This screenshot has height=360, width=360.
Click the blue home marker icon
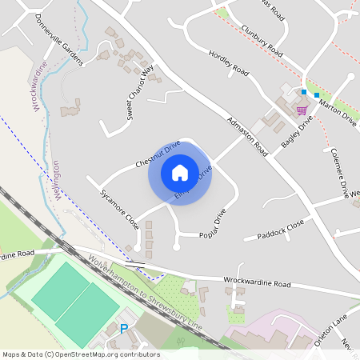(180, 172)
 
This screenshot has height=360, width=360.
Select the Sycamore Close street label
(119, 210)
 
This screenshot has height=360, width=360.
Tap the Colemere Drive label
(340, 173)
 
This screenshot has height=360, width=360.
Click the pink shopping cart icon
(302, 110)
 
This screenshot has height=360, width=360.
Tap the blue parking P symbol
(124, 329)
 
